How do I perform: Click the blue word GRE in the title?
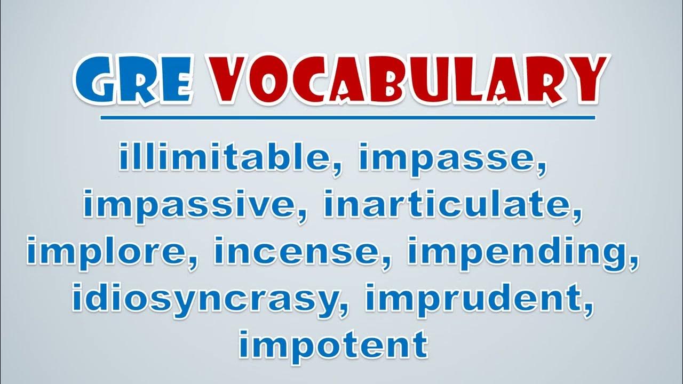pyautogui.click(x=133, y=80)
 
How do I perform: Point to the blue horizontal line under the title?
pyautogui.click(x=347, y=118)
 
